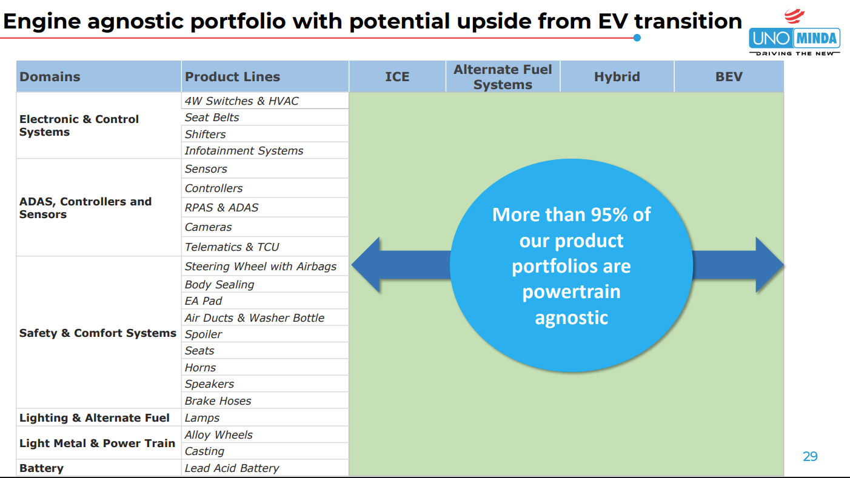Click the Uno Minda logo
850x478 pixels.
795,33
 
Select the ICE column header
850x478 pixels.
397,76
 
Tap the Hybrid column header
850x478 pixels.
617,76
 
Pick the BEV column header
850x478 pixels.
729,76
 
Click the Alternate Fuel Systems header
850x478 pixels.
503,77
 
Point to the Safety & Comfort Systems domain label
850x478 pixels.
98,333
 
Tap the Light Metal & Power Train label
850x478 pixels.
97,443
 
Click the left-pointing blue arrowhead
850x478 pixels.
366,265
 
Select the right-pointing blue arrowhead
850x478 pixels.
769,265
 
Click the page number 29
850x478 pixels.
810,456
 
